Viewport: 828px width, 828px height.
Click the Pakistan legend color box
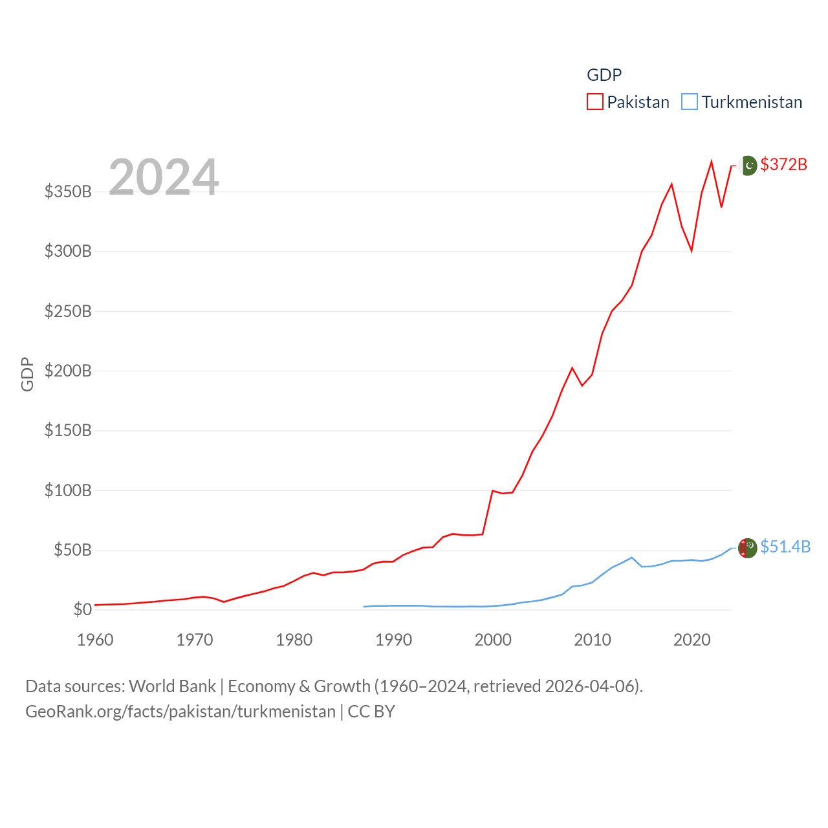point(595,102)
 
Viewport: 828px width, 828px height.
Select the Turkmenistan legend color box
point(690,102)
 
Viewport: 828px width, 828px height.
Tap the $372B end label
point(783,164)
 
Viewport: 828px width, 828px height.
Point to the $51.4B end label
point(785,547)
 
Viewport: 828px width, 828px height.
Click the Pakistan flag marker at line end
point(748,166)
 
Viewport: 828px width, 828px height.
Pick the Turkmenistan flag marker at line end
point(748,548)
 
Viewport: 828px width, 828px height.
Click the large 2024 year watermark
point(164,177)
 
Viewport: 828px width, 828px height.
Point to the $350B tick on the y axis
point(68,191)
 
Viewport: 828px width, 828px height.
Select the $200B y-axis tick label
point(68,371)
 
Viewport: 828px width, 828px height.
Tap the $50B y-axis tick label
point(72,550)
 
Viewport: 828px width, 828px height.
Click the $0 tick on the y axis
point(82,609)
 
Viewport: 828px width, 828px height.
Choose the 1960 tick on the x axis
point(95,640)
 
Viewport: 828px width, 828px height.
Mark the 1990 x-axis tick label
point(393,640)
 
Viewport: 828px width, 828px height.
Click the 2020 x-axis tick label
point(692,640)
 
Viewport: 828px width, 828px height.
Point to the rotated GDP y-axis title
point(27,374)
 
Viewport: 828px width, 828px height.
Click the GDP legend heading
point(604,75)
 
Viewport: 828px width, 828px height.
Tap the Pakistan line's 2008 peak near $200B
point(572,368)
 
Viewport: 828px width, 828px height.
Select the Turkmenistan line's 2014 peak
point(631,558)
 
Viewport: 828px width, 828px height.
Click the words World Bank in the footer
point(172,686)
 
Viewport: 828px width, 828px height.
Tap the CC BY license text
point(371,712)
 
